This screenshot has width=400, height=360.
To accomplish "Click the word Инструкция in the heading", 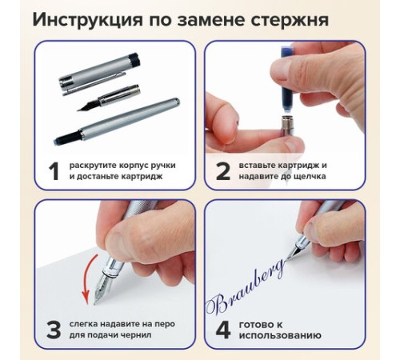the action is pyautogui.click(x=87, y=20).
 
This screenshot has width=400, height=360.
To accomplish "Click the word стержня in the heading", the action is pyautogui.click(x=290, y=20).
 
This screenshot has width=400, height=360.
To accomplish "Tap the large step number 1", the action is pyautogui.click(x=54, y=171).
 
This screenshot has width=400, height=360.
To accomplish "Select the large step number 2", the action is pyautogui.click(x=222, y=171).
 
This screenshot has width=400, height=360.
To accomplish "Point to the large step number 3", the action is pyautogui.click(x=54, y=330).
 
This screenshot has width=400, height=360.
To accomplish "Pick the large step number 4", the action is pyautogui.click(x=223, y=330).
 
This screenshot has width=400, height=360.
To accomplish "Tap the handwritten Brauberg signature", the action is pyautogui.click(x=246, y=288).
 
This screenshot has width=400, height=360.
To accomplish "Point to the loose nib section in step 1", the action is pyautogui.click(x=109, y=98).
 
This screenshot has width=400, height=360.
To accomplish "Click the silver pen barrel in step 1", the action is pyautogui.click(x=117, y=122).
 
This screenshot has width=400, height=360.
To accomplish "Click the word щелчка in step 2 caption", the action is pyautogui.click(x=310, y=177).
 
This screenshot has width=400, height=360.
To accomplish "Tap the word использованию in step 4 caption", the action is pyautogui.click(x=280, y=335).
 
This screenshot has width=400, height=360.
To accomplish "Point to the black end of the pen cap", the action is pyautogui.click(x=134, y=59).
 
